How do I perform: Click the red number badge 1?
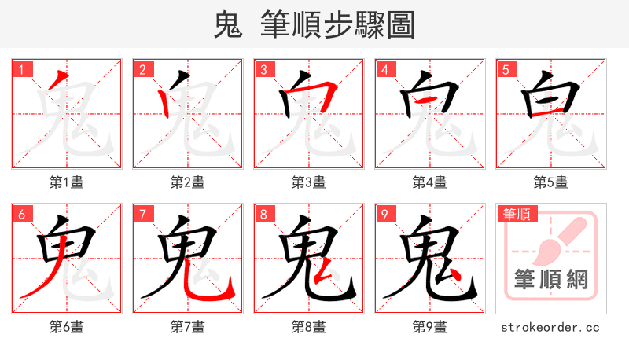[x=21, y=69]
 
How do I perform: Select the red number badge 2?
[x=142, y=69]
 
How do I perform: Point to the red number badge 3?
[x=263, y=69]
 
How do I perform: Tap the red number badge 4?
[x=384, y=69]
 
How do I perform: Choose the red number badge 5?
[x=506, y=69]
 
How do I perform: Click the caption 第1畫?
[x=66, y=182]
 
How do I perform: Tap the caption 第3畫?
[x=308, y=182]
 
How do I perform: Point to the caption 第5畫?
[x=550, y=182]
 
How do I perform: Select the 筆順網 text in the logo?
[x=550, y=279]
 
